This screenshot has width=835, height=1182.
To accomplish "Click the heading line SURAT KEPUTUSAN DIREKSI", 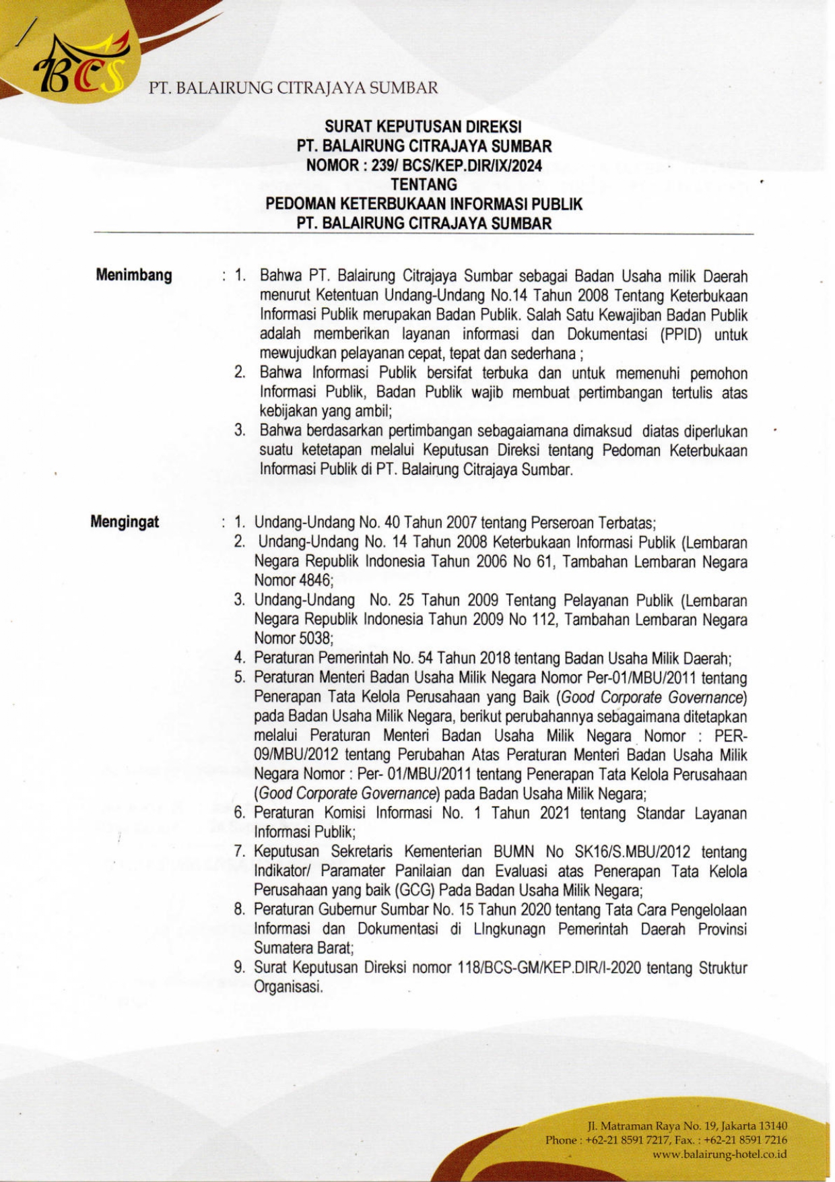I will (x=424, y=127).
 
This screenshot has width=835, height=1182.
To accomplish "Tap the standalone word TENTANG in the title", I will (x=424, y=185).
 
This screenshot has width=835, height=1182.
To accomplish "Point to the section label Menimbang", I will (x=134, y=275).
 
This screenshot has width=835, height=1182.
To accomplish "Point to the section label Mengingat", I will (x=126, y=522).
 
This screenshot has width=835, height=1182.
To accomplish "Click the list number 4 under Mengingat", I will (x=239, y=658).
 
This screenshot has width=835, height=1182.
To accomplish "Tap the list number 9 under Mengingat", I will (x=239, y=968).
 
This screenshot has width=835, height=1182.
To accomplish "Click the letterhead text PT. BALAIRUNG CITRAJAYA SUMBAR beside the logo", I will (x=294, y=88).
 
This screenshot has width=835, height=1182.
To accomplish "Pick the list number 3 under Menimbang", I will (x=239, y=430).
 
